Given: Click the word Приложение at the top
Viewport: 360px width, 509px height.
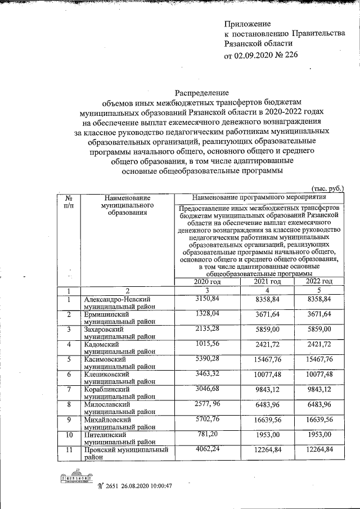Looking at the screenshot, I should tap(247, 24).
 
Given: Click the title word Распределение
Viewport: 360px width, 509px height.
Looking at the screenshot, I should tap(201, 92).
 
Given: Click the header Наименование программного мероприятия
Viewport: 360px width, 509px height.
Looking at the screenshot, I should tap(259, 198).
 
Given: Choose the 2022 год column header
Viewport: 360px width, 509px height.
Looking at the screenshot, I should tap(319, 281).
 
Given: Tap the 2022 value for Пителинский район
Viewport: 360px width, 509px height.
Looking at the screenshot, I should tap(319, 435).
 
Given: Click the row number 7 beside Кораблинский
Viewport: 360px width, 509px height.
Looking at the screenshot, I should tap(68, 389).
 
